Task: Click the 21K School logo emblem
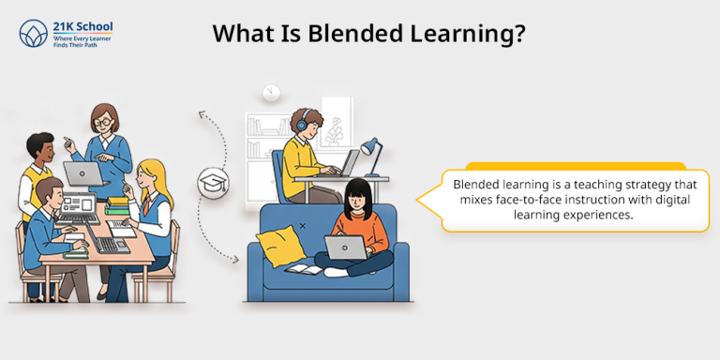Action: click(x=34, y=34)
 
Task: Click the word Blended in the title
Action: click(x=331, y=33)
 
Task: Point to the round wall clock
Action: click(x=272, y=92)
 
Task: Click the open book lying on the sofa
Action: click(x=301, y=269)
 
